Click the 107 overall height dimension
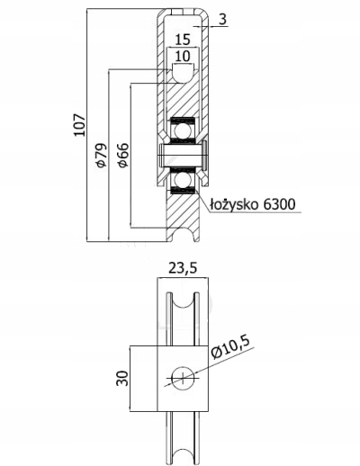click(x=80, y=125)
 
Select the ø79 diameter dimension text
click(x=101, y=155)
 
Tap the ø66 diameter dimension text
click(x=122, y=155)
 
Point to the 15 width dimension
click(x=183, y=39)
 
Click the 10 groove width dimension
click(x=183, y=56)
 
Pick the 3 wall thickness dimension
click(x=222, y=20)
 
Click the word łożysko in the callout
click(x=234, y=204)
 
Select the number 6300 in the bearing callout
click(x=279, y=204)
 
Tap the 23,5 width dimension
click(x=183, y=268)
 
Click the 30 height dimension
click(x=122, y=378)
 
